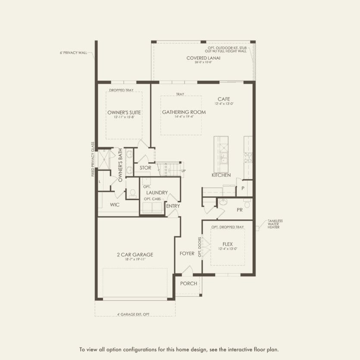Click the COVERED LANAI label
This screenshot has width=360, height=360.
coord(200,58)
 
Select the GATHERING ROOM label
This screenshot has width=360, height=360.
coord(184,112)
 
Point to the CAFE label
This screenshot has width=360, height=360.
coord(224,99)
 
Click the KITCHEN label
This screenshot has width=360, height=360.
coord(221,175)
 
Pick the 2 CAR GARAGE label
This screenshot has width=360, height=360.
coord(135,254)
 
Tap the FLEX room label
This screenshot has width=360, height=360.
coord(228,244)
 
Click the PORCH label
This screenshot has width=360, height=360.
coord(189,283)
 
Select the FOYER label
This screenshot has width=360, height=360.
coord(187,254)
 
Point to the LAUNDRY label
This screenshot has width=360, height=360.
coord(156,192)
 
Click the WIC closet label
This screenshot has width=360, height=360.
coord(115,204)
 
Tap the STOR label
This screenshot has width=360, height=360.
coord(145,168)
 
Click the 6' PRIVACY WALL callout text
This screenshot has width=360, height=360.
coord(73,53)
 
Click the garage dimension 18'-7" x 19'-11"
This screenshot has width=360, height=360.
coord(135,260)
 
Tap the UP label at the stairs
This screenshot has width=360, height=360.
coord(183,171)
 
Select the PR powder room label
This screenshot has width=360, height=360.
coord(240,210)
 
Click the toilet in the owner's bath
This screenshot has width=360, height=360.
coord(133,192)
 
